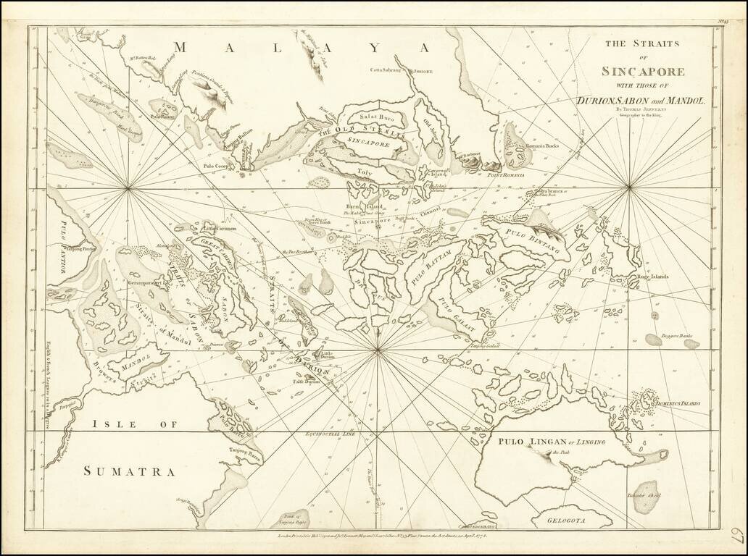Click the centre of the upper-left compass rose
[x=128, y=189]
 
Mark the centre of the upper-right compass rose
[x=629, y=188]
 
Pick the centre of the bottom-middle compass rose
[x=378, y=350]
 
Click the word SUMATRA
[x=129, y=471]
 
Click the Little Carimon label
[x=220, y=228]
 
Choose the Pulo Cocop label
[x=216, y=165]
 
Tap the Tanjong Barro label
[x=245, y=451]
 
